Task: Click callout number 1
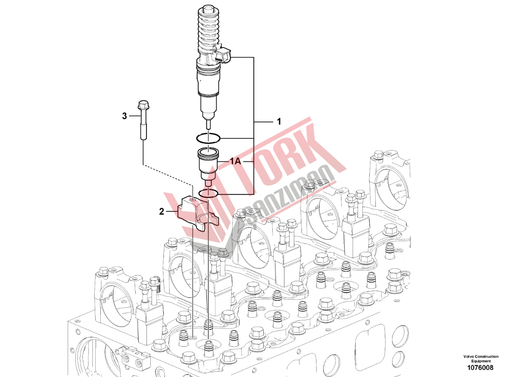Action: click(279, 122)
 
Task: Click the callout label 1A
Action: click(235, 161)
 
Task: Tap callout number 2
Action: click(162, 211)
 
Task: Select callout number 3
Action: click(124, 116)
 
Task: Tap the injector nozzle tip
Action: click(208, 125)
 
